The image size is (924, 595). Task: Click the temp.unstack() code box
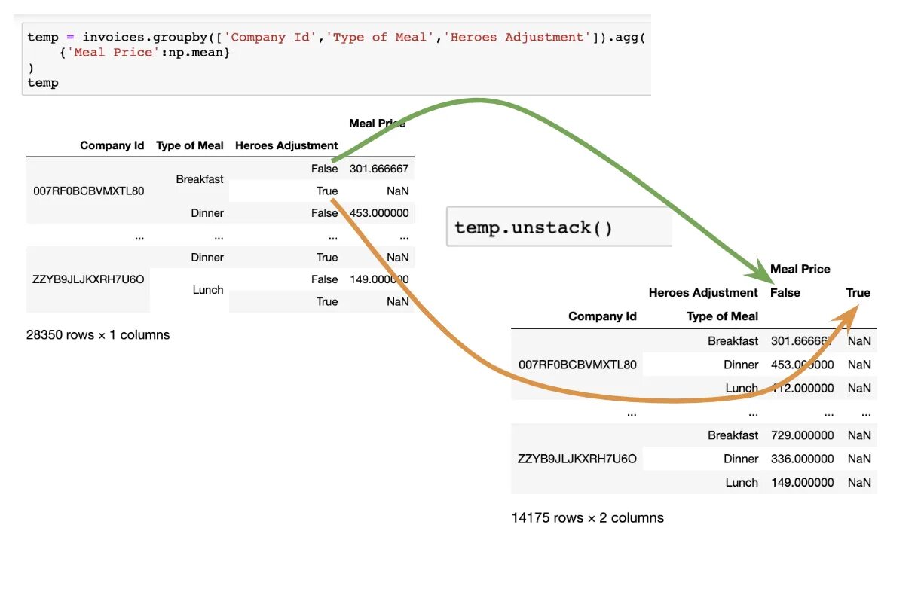pyautogui.click(x=558, y=227)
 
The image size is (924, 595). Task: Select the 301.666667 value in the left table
pyautogui.click(x=378, y=169)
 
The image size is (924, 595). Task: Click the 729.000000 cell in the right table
pyautogui.click(x=802, y=435)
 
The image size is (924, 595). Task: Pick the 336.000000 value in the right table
pyautogui.click(x=802, y=459)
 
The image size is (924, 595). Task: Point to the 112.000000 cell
pyautogui.click(x=802, y=389)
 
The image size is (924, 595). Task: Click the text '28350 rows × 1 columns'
pyautogui.click(x=98, y=335)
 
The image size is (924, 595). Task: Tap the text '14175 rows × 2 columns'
pyautogui.click(x=587, y=518)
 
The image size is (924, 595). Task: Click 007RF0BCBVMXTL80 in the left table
pyautogui.click(x=89, y=191)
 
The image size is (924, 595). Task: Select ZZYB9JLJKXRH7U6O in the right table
pyautogui.click(x=577, y=459)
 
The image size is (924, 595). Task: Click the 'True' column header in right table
pyautogui.click(x=858, y=293)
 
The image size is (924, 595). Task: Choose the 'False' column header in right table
pyautogui.click(x=785, y=293)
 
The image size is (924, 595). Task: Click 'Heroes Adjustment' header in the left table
pyautogui.click(x=286, y=145)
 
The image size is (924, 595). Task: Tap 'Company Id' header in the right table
pyautogui.click(x=602, y=316)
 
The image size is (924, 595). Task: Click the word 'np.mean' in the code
pyautogui.click(x=203, y=53)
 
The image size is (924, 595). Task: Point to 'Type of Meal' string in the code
pyautogui.click(x=379, y=37)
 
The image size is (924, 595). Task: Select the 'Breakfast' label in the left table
pyautogui.click(x=200, y=179)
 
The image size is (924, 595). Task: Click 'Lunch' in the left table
pyautogui.click(x=208, y=290)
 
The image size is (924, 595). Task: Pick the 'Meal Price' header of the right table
pyautogui.click(x=800, y=269)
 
